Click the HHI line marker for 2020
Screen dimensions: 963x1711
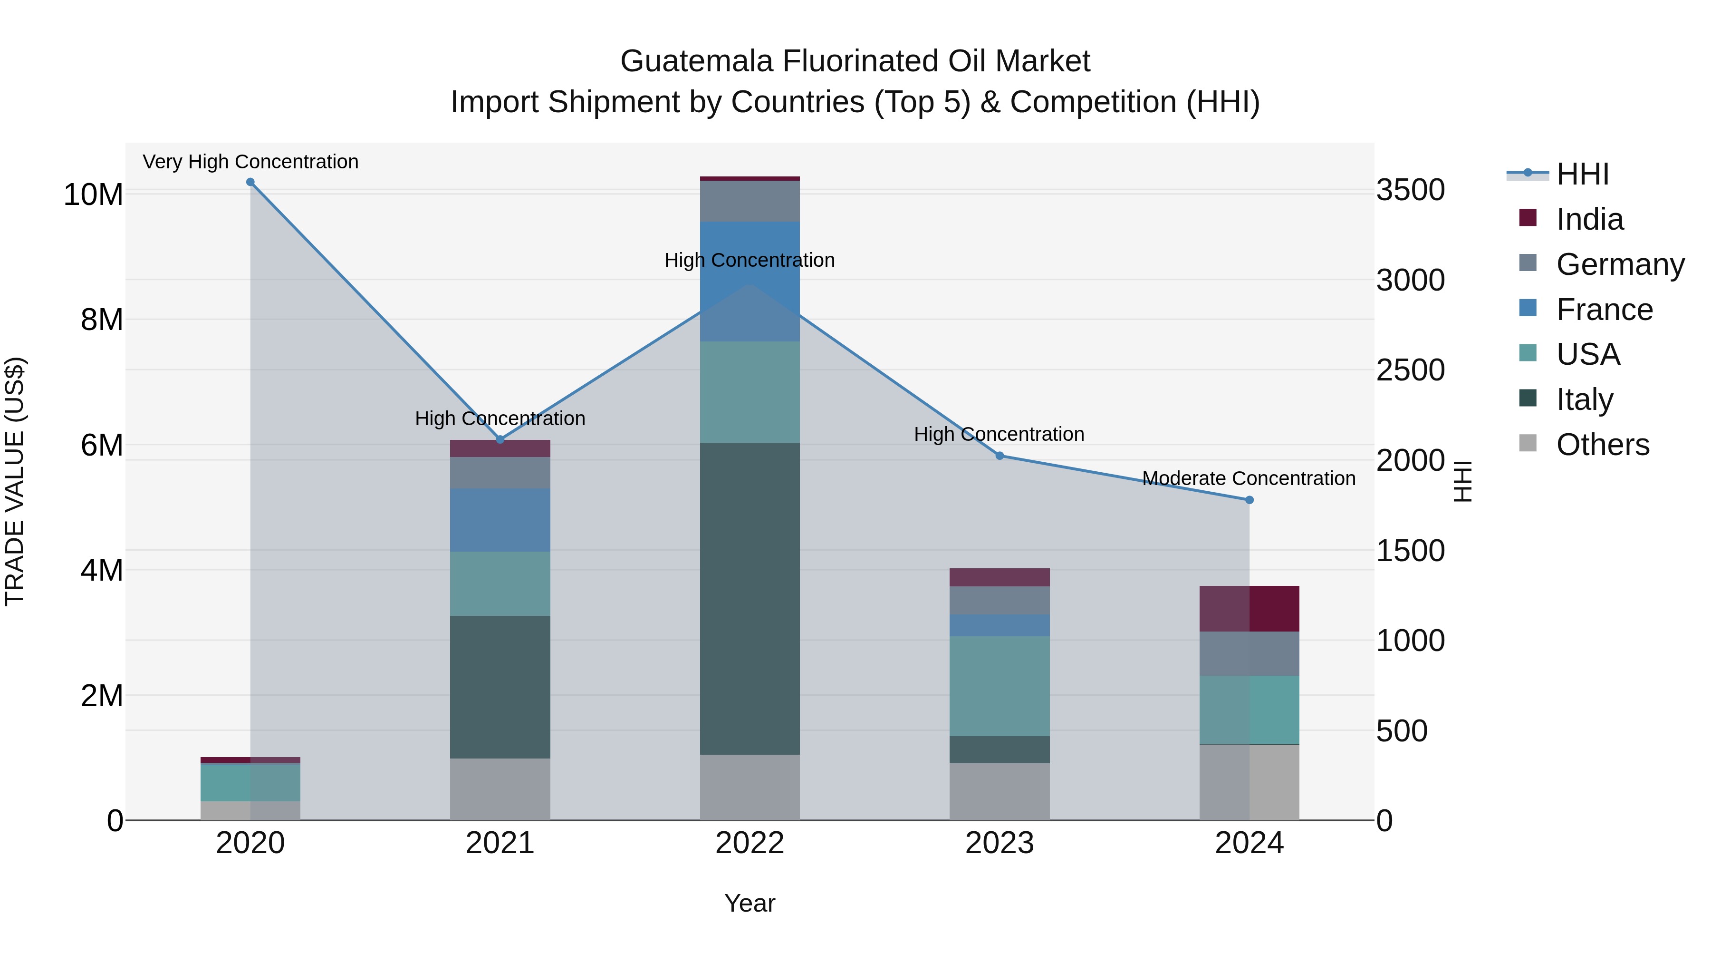pos(250,182)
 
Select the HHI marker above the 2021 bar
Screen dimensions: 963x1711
pos(500,439)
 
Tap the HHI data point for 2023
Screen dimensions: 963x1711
pos(1000,456)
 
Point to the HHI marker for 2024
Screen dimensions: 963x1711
pos(1250,500)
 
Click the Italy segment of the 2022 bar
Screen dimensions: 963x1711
pos(750,598)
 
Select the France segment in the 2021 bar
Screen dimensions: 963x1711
pos(500,520)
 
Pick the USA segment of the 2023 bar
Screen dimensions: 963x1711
pos(1000,686)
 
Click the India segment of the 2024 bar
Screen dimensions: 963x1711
pos(1250,609)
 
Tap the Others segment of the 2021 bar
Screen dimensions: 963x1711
pos(500,789)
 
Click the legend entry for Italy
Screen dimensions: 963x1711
pos(1584,399)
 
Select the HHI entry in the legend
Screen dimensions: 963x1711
pos(1582,174)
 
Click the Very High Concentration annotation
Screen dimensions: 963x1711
pos(250,162)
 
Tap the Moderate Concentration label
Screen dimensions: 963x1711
pos(1249,478)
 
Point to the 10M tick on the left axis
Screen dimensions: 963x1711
pos(93,195)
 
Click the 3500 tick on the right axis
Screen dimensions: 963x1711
pos(1410,190)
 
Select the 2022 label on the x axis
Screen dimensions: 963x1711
pos(750,843)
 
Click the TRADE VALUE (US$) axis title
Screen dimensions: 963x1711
pos(15,481)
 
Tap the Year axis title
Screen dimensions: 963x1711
pos(750,903)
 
